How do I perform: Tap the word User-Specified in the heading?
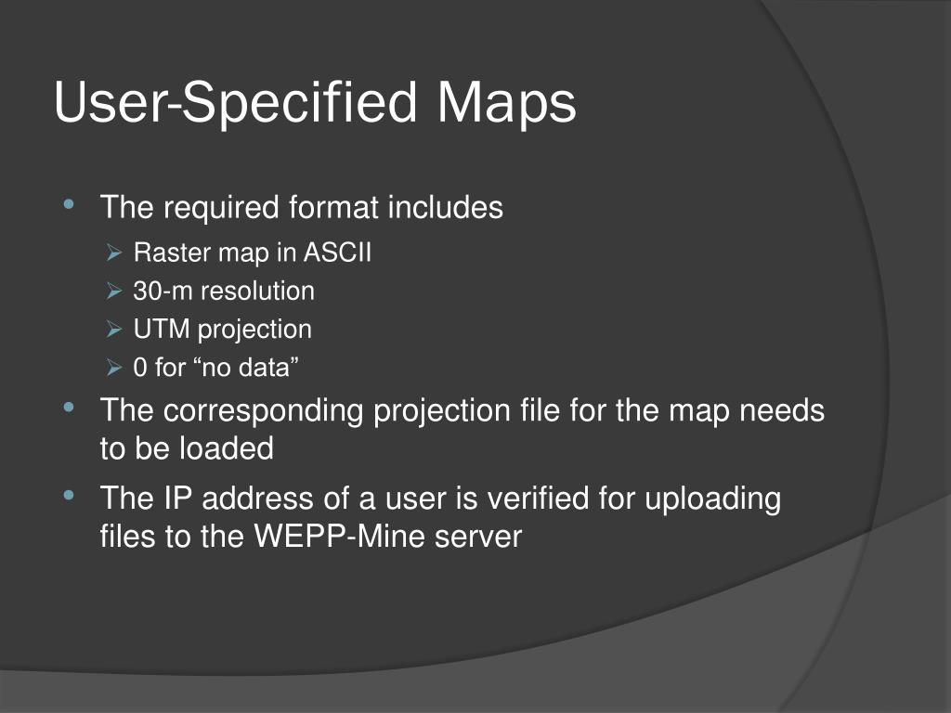(235, 103)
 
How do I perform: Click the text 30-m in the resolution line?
(163, 291)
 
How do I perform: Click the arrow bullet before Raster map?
(115, 253)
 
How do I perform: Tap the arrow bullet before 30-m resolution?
(115, 292)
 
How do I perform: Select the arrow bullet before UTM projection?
(115, 330)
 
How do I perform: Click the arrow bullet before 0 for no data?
(115, 368)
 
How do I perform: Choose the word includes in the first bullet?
(445, 207)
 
